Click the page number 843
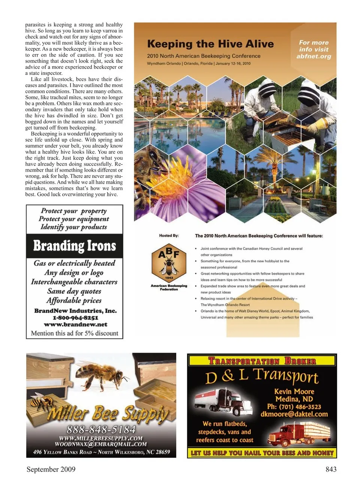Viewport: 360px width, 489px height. pos(331,469)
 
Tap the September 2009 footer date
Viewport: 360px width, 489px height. pos(51,469)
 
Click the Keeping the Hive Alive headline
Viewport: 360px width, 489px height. pos(210,44)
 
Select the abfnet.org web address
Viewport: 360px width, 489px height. pos(313,57)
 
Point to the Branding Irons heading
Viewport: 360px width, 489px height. pos(75,246)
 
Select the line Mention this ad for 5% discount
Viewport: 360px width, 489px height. pos(75,333)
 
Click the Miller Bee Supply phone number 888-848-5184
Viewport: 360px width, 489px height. pos(101,429)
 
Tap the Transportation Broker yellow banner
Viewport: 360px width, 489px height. pos(262,360)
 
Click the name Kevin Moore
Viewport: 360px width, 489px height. pos(294,391)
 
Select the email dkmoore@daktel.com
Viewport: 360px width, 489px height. pos(294,414)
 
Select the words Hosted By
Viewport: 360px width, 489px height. pos(169,236)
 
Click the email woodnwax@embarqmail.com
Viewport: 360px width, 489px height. pos(101,444)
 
